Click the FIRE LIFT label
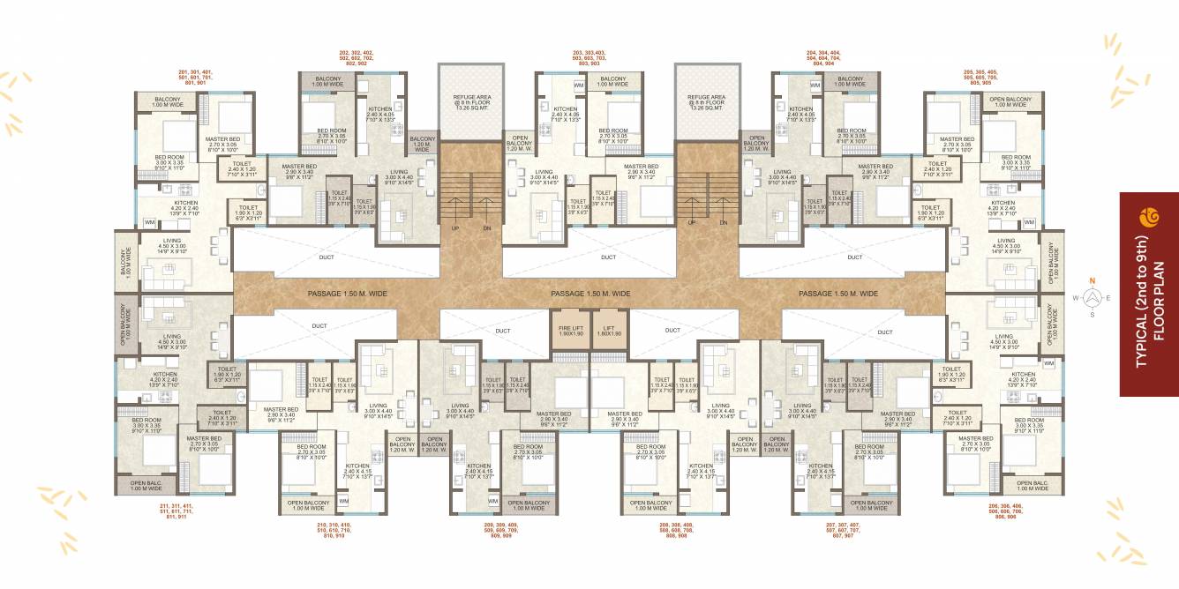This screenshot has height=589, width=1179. click(x=569, y=329)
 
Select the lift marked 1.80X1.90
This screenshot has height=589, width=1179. click(x=609, y=331)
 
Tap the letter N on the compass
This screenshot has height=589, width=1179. click(x=1092, y=281)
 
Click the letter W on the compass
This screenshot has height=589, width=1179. click(x=1075, y=298)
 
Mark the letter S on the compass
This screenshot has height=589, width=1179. click(x=1092, y=315)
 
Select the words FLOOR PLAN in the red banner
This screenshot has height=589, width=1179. click(x=1159, y=300)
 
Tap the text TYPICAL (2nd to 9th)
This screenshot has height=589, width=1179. click(x=1140, y=300)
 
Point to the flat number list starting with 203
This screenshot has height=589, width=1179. click(x=588, y=58)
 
